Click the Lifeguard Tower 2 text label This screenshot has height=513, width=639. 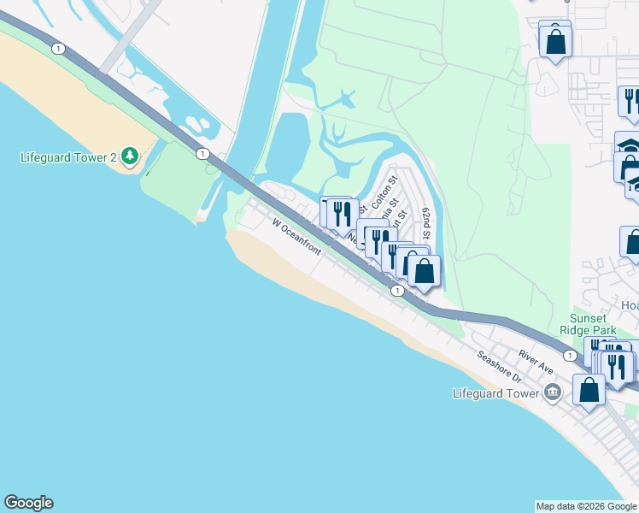69,157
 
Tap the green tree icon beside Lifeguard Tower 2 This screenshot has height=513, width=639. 129,155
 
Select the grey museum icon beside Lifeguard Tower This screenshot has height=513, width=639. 553,393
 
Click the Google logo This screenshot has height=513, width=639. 28,503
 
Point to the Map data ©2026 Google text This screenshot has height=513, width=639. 586,506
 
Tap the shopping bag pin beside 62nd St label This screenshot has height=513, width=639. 425,271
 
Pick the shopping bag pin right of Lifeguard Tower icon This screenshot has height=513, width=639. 589,389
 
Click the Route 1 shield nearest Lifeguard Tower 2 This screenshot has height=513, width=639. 202,153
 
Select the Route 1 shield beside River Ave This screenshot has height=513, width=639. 568,354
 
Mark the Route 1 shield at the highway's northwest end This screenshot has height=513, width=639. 57,49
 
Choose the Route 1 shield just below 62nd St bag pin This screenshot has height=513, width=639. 397,292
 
